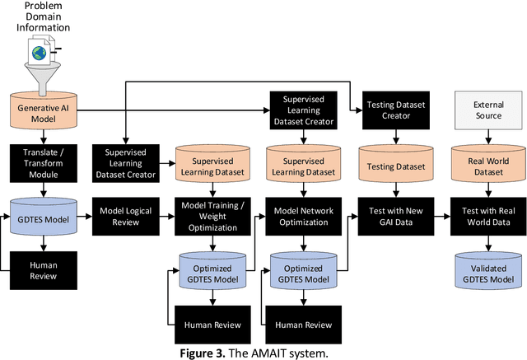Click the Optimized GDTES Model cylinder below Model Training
(x=213, y=271)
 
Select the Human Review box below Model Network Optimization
(x=302, y=325)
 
